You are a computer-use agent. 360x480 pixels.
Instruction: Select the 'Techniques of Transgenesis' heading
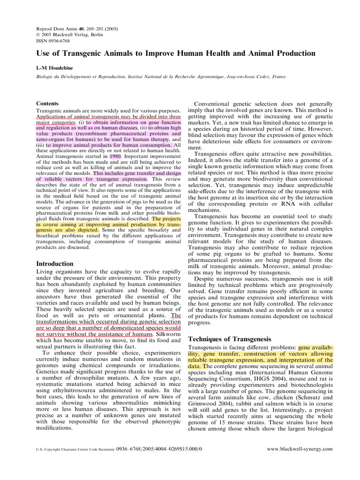[x=229, y=339]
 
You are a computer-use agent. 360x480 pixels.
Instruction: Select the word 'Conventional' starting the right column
[x=214, y=104]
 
